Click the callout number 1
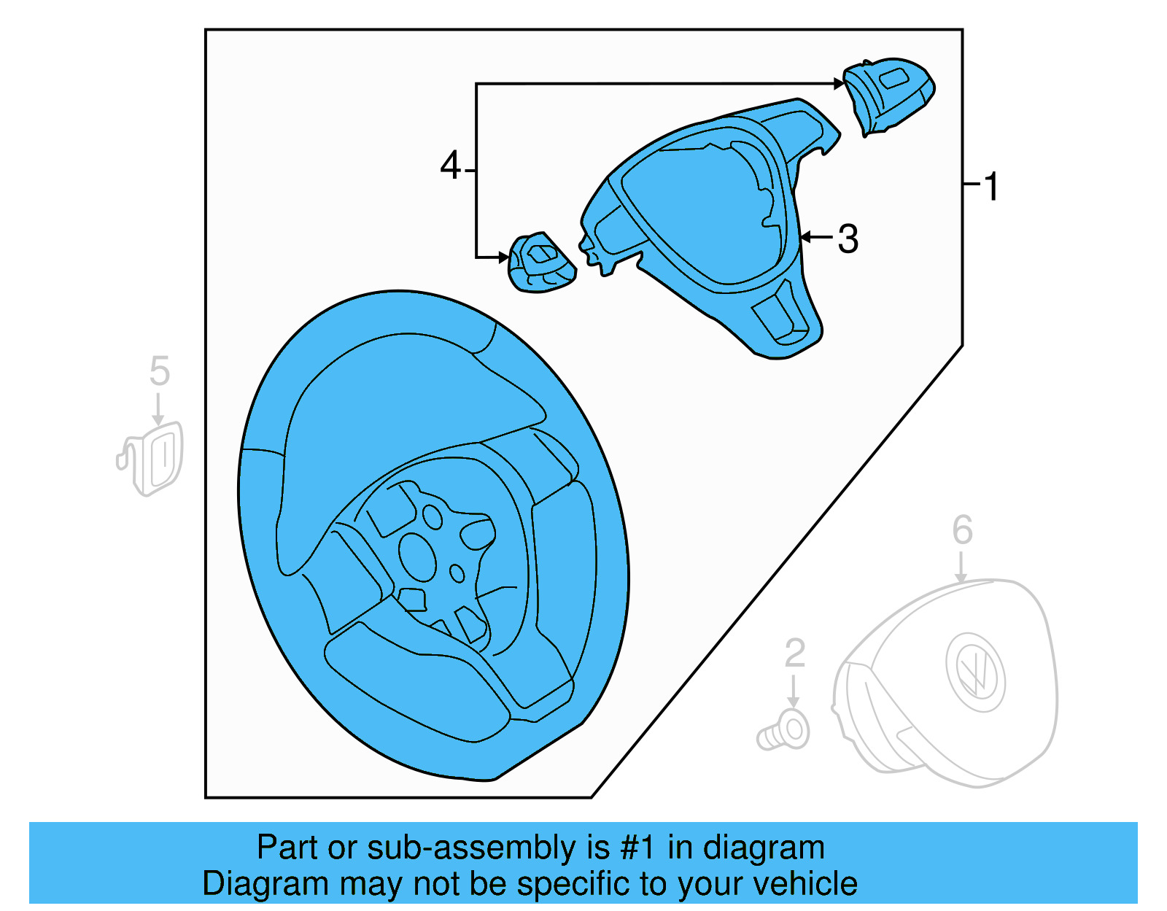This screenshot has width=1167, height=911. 990,187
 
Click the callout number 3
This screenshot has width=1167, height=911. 848,239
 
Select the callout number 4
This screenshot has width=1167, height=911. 450,166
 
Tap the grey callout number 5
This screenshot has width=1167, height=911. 159,371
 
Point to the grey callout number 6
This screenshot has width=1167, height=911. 962,530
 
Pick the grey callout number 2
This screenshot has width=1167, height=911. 794,654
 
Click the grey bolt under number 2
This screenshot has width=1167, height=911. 784,732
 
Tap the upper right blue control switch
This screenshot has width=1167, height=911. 889,95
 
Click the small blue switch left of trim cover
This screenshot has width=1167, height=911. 540,264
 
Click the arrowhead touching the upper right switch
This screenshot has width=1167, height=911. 840,85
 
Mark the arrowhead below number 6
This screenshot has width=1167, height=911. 961,577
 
